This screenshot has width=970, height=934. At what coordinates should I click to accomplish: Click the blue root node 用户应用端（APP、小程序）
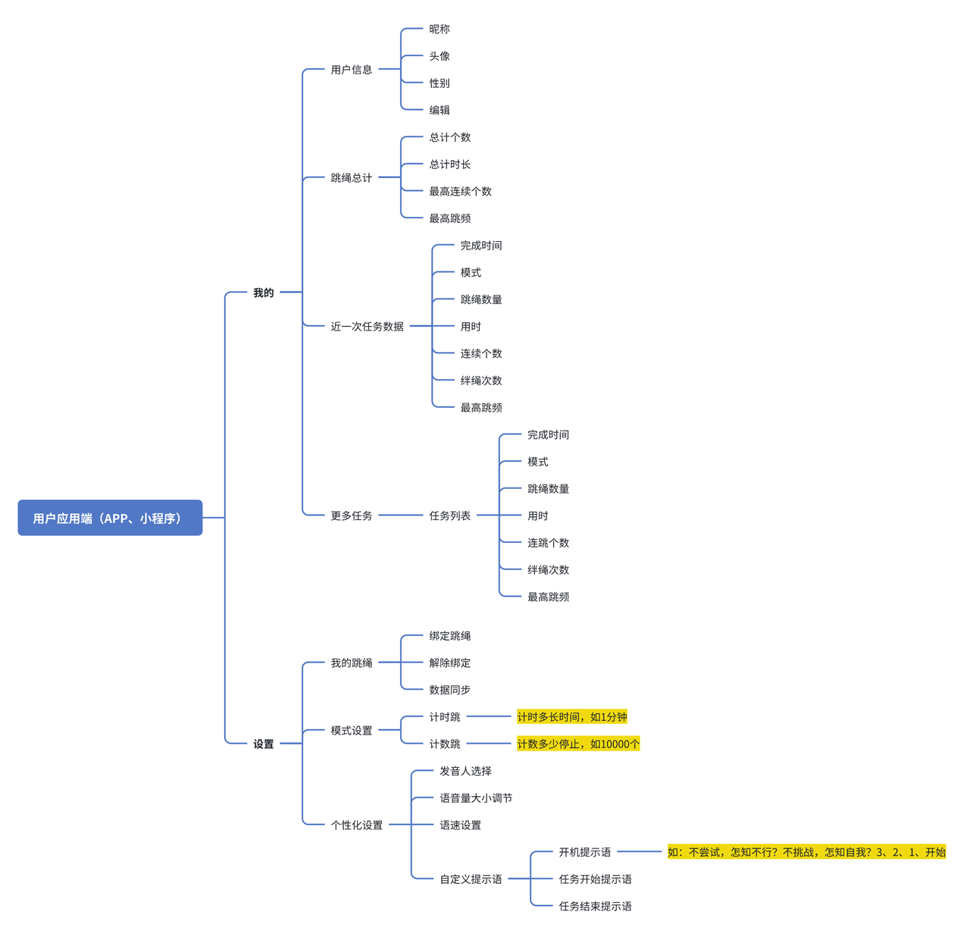tap(110, 518)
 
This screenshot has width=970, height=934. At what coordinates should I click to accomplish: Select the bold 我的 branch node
tap(263, 293)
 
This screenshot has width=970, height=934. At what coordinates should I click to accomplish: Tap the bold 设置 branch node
tap(263, 744)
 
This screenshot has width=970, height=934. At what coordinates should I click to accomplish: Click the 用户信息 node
tap(352, 70)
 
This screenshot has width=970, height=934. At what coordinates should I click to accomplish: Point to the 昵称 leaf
tap(439, 30)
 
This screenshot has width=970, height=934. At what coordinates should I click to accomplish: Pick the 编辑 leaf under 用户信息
tap(439, 110)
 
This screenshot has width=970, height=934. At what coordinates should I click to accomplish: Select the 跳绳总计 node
tap(352, 178)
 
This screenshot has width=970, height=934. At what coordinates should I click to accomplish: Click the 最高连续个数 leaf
tap(460, 192)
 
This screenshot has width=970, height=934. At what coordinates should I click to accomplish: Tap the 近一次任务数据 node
tap(367, 327)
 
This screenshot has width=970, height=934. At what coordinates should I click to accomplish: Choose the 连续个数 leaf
tap(481, 353)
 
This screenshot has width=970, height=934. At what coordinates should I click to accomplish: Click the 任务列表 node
tap(449, 516)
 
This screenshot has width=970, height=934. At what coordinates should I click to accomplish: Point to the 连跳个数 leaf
tap(549, 543)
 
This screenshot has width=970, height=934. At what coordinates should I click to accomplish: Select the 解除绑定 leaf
tap(449, 663)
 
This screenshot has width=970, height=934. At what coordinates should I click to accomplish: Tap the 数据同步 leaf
tap(449, 690)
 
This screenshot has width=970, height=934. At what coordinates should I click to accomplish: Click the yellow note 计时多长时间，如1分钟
tap(571, 716)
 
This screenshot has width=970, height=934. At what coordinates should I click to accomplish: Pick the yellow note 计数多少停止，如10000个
tap(578, 744)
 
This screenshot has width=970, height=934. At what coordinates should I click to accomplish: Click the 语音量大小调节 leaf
tap(476, 798)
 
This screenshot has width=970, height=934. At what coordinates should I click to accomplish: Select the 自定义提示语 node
tap(471, 879)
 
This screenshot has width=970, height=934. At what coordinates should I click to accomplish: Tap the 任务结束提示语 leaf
tap(595, 906)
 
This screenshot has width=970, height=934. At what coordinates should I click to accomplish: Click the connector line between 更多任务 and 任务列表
tap(401, 515)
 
